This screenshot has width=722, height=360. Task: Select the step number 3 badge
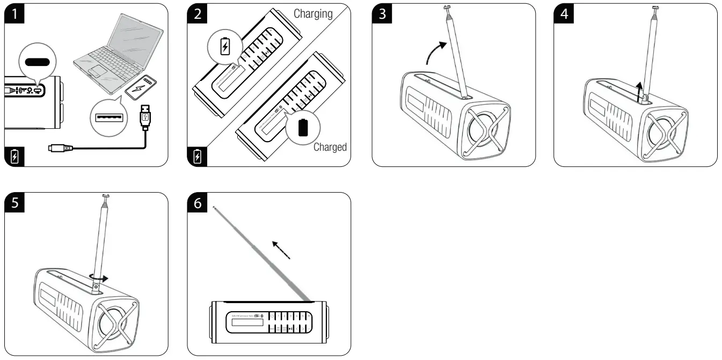coord(382,14)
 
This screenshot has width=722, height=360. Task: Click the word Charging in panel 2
coord(312,14)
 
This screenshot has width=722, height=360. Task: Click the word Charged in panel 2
coord(330,146)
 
